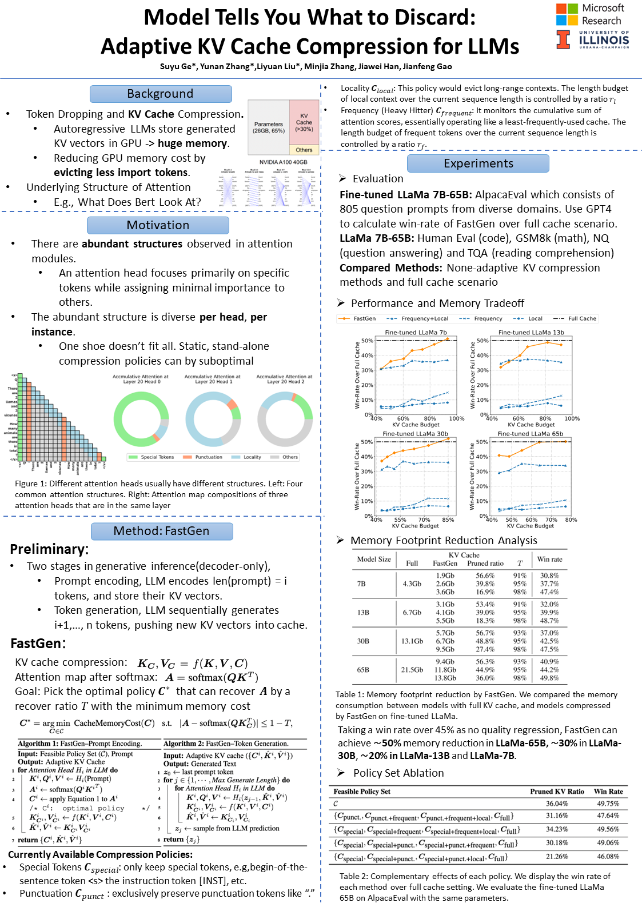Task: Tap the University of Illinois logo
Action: coord(593,39)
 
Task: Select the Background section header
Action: coord(161,94)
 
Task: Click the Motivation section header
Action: coord(158,225)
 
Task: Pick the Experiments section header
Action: coord(478,163)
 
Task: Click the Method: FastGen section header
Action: coord(162,531)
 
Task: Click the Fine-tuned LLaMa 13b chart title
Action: coord(531,332)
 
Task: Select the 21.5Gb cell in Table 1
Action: coord(412,670)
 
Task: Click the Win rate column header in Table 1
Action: coord(549,559)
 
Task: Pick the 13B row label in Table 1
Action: coord(363,613)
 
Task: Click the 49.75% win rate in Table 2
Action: coord(608,804)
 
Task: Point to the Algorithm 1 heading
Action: coord(79,744)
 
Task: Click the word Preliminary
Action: coord(48,549)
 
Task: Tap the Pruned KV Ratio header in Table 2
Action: coord(557,792)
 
